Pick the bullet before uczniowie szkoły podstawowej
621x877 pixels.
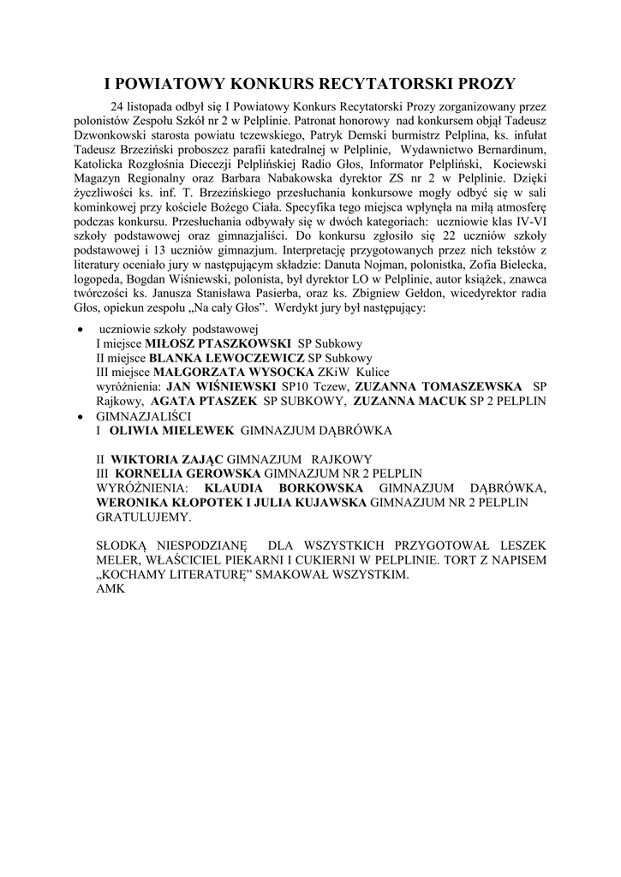(x=80, y=330)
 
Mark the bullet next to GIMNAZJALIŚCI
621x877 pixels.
(x=80, y=416)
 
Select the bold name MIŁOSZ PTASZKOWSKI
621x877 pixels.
(x=218, y=343)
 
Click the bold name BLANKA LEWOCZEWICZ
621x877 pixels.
(x=226, y=358)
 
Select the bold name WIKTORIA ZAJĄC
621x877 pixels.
(x=168, y=460)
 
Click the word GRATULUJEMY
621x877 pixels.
(x=144, y=517)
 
